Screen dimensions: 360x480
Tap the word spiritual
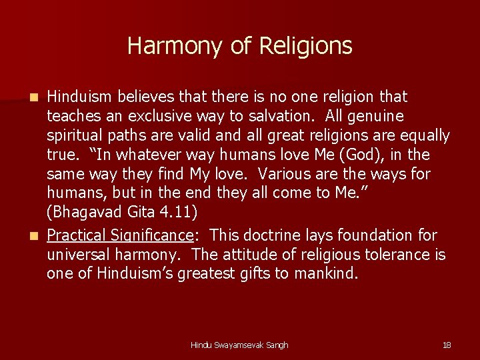[75, 135]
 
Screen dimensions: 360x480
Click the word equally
[423, 135]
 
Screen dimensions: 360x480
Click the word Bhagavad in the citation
[87, 213]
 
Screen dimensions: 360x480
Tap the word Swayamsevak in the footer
[243, 345]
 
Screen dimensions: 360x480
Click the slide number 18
[447, 345]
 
